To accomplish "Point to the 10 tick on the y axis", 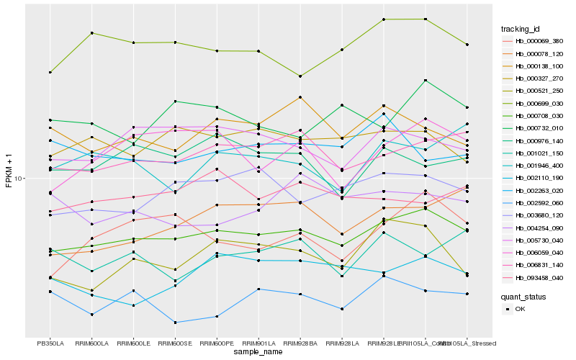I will pyautogui.click(x=20, y=178).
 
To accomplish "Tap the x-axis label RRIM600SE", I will pyautogui.click(x=175, y=343).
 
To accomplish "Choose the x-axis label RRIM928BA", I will pyautogui.click(x=300, y=343).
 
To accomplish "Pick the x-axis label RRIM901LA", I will pyautogui.click(x=258, y=343).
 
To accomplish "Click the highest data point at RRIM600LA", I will pyautogui.click(x=91, y=33).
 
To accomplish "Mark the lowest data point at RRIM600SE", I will pyautogui.click(x=175, y=322).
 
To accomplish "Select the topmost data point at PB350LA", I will pyautogui.click(x=50, y=72).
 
